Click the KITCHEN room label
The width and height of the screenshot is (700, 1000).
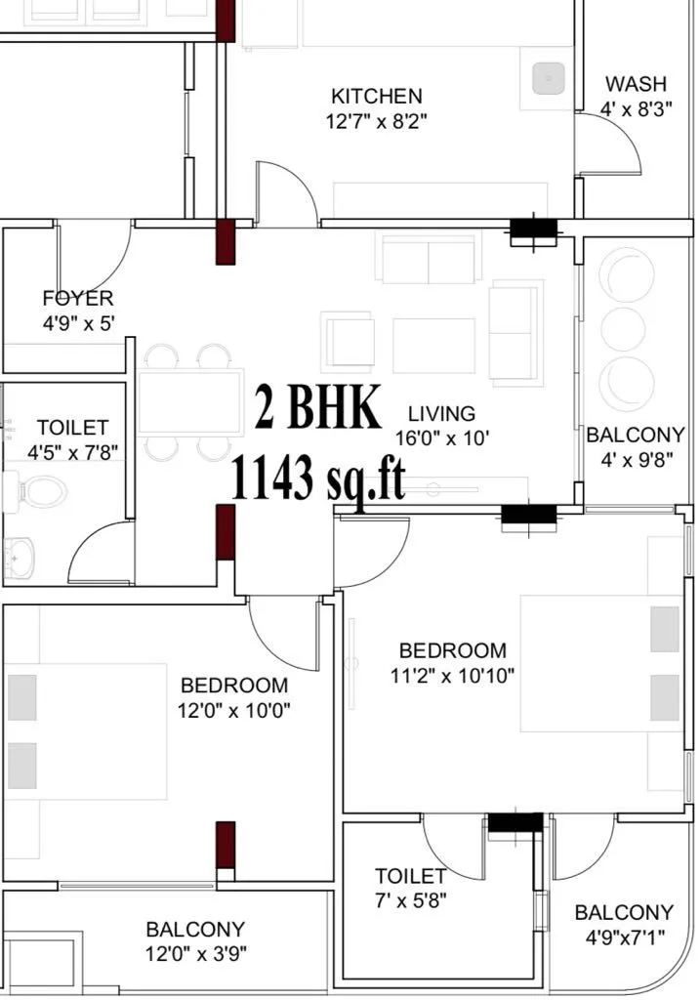pos(377,96)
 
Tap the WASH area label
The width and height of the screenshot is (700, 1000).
pos(636,84)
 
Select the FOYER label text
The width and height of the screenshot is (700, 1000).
pos(78,298)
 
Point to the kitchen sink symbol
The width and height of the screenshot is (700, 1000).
pos(550,77)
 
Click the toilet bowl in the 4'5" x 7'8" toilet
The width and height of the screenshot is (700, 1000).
pos(39,489)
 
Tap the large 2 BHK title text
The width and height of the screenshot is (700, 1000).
pos(318,408)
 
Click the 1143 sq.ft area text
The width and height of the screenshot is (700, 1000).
pos(317,478)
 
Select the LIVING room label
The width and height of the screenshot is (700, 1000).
pos(441,413)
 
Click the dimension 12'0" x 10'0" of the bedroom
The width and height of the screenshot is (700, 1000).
pos(234,710)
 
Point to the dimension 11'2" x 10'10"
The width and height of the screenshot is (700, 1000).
pos(453,675)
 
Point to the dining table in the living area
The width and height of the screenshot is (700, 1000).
pos(189,401)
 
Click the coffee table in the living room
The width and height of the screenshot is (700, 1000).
pos(433,345)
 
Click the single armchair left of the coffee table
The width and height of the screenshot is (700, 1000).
pos(349,342)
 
